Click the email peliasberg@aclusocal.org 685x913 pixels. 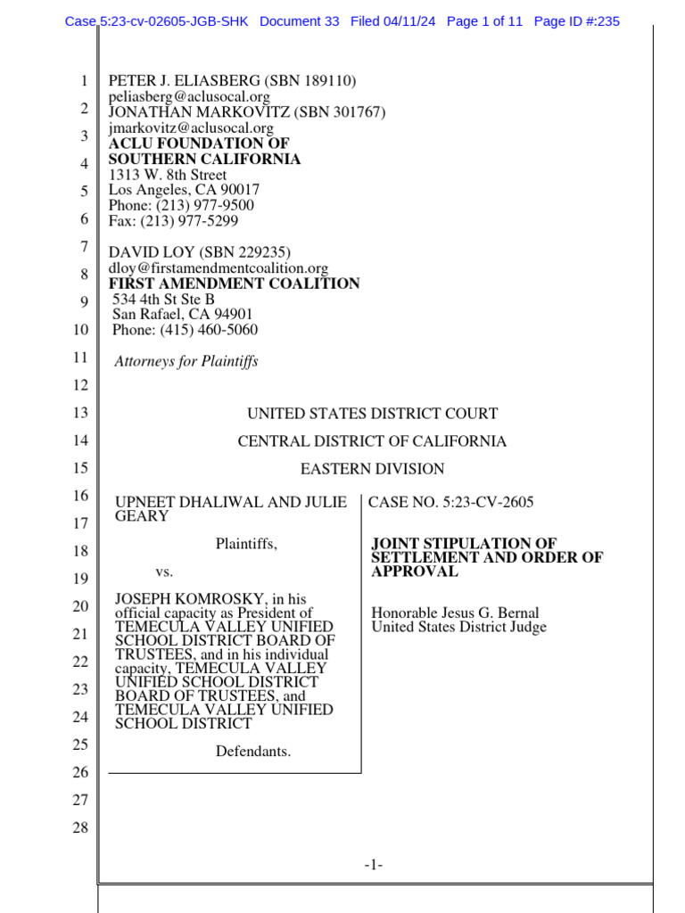pyautogui.click(x=177, y=96)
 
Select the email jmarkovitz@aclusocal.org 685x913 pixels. pyautogui.click(x=191, y=127)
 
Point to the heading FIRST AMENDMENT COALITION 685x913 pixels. pyautogui.click(x=235, y=284)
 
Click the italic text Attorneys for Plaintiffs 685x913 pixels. pyautogui.click(x=186, y=361)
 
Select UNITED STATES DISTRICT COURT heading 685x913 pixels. pyautogui.click(x=372, y=414)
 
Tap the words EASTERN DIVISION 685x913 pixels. pyautogui.click(x=372, y=469)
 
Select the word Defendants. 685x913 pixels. pyautogui.click(x=253, y=752)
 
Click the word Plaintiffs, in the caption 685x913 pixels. pyautogui.click(x=246, y=544)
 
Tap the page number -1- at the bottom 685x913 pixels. pyautogui.click(x=373, y=864)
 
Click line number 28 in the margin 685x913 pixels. pyautogui.click(x=80, y=828)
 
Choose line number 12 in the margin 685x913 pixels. pyautogui.click(x=80, y=386)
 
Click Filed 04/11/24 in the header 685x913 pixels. pyautogui.click(x=392, y=21)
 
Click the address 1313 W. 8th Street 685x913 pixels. pyautogui.click(x=168, y=175)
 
